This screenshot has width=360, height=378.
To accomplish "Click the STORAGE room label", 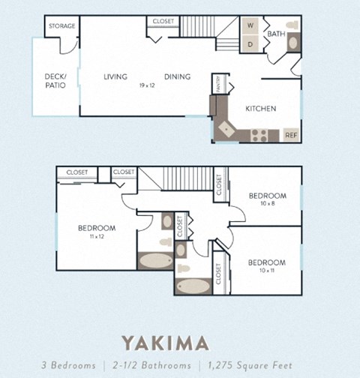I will pyautogui.click(x=62, y=26).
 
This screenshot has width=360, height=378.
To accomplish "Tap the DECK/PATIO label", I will pyautogui.click(x=55, y=80).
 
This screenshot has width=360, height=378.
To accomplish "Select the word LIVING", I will pyautogui.click(x=115, y=76).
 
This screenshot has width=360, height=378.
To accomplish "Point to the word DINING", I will pyautogui.click(x=177, y=76).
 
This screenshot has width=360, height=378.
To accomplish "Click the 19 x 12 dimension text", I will pyautogui.click(x=146, y=85).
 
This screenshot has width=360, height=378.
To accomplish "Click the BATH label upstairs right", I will pyautogui.click(x=276, y=34).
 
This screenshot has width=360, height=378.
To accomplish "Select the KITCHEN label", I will pyautogui.click(x=261, y=109).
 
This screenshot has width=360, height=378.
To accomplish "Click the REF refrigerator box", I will pyautogui.click(x=291, y=136).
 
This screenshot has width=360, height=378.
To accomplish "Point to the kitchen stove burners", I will pyautogui.click(x=259, y=136).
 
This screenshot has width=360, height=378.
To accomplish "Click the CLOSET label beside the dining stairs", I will pyautogui.click(x=162, y=21).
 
